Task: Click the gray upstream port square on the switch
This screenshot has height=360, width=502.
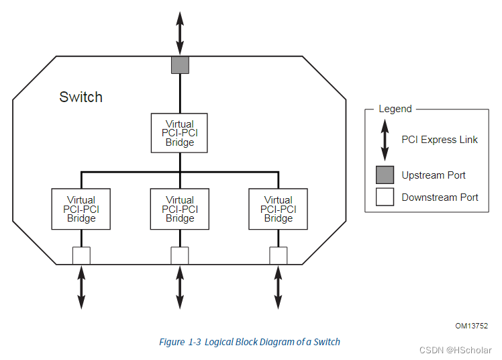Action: (180, 64)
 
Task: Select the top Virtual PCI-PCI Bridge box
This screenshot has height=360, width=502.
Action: (180, 133)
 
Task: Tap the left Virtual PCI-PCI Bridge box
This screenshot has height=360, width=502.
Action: (81, 209)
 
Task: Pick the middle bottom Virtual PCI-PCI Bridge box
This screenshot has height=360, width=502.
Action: (180, 209)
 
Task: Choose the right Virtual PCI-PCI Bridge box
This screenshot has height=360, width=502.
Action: (278, 209)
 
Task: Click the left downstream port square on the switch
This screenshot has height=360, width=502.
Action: (81, 256)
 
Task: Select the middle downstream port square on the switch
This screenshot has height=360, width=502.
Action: (180, 256)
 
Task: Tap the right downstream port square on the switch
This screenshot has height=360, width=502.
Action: (278, 256)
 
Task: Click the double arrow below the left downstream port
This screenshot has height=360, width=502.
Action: (81, 287)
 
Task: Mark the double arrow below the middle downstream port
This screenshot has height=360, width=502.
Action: (180, 287)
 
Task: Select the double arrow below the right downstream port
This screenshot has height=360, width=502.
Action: (278, 287)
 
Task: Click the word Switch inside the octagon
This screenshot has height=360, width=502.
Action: (81, 97)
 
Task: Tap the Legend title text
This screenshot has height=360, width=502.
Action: (395, 109)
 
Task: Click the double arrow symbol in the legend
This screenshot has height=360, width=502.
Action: (385, 140)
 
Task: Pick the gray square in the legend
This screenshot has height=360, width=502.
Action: (385, 175)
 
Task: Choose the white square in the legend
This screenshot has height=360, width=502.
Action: (385, 197)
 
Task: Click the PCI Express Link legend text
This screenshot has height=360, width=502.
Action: (440, 140)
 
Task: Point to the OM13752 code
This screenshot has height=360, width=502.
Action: (471, 326)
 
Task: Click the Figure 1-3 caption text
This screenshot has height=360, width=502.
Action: (250, 342)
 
